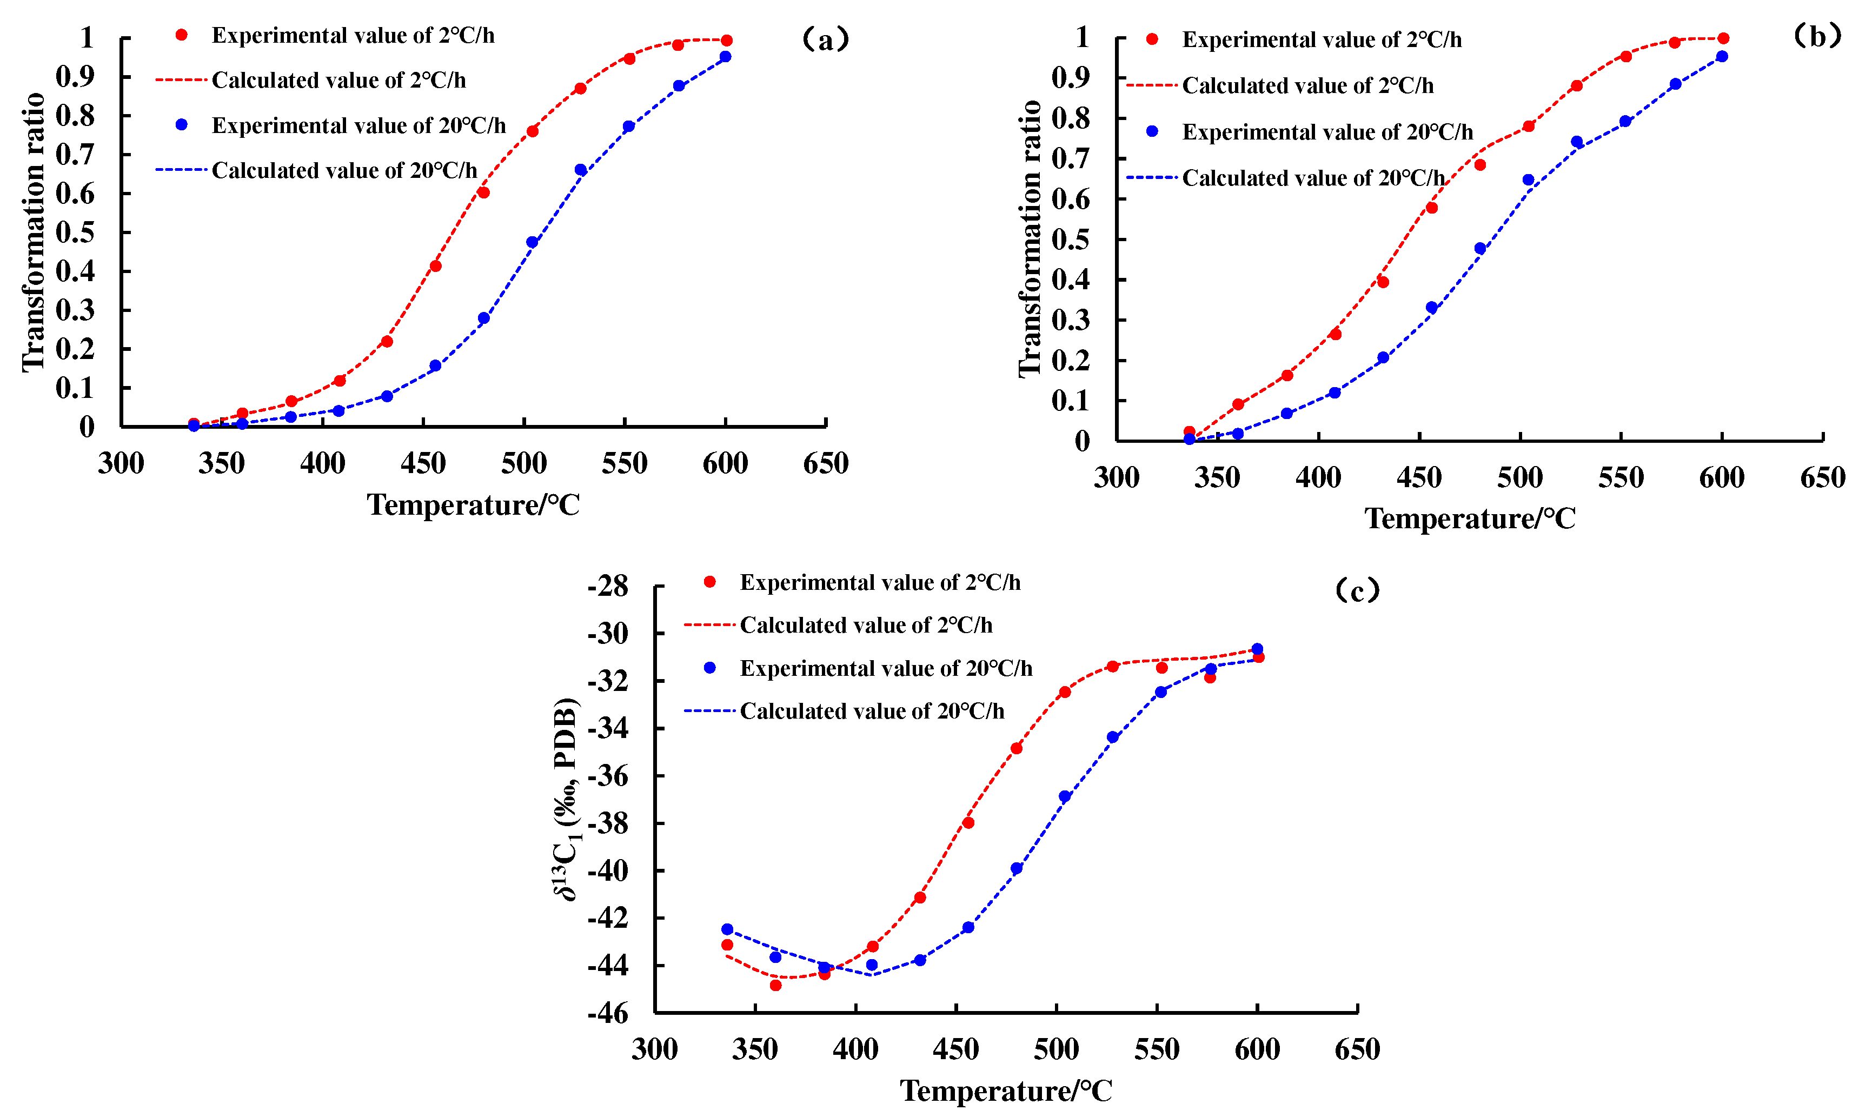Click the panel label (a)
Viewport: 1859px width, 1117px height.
(x=826, y=39)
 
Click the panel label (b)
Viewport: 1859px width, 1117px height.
(x=1817, y=35)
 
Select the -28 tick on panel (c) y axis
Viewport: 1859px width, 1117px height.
(x=607, y=586)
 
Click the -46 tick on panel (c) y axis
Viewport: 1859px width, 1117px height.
(x=607, y=1013)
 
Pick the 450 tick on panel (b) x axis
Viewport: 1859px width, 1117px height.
(x=1419, y=478)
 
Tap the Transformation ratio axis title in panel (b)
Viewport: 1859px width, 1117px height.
(x=1029, y=238)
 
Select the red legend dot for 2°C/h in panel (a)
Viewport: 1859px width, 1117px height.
(x=181, y=35)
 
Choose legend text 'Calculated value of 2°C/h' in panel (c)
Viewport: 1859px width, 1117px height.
(x=866, y=626)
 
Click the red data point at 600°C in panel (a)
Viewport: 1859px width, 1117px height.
(x=726, y=41)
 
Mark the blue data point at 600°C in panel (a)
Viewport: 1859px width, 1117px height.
(x=725, y=56)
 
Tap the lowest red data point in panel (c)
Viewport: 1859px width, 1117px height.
(x=775, y=985)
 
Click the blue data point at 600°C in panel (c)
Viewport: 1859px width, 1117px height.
(x=1257, y=649)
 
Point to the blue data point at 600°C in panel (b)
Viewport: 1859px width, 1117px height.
(x=1721, y=56)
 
